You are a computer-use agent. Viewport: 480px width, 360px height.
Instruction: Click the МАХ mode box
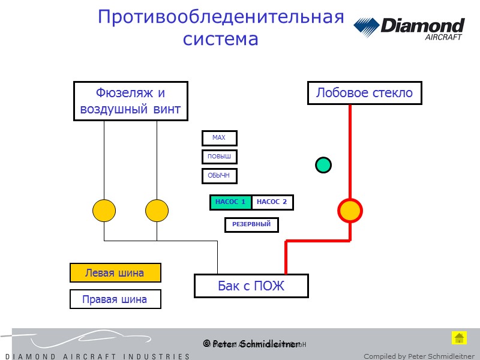tap(219, 139)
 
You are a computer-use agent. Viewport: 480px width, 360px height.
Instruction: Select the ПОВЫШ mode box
tap(219, 157)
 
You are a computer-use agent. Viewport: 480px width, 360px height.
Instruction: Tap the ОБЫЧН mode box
tap(219, 176)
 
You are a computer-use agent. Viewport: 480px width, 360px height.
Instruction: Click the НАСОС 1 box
tap(230, 203)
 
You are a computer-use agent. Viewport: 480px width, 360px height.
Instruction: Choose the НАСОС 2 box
tap(272, 203)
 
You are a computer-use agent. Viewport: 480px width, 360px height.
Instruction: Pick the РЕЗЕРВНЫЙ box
tap(251, 225)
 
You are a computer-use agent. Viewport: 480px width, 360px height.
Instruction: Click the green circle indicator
tap(323, 164)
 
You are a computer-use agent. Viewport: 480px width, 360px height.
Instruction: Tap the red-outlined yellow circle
tap(350, 211)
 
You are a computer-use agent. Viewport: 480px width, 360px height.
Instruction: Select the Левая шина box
tap(115, 273)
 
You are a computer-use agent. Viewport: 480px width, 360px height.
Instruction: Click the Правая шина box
tap(115, 299)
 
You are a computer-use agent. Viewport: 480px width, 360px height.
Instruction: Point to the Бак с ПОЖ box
tap(251, 286)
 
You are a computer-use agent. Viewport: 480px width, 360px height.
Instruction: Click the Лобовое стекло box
tap(364, 93)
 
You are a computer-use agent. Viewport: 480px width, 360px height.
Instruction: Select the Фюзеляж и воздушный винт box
tap(130, 101)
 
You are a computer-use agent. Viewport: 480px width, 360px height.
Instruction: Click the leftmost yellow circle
tap(104, 211)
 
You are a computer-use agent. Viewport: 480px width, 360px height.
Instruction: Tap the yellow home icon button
tap(459, 338)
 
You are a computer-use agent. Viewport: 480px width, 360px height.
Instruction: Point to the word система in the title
tap(220, 40)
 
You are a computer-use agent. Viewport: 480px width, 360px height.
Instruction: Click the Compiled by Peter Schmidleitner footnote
tap(419, 356)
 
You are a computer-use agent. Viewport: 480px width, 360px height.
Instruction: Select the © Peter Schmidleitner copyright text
tap(251, 344)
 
